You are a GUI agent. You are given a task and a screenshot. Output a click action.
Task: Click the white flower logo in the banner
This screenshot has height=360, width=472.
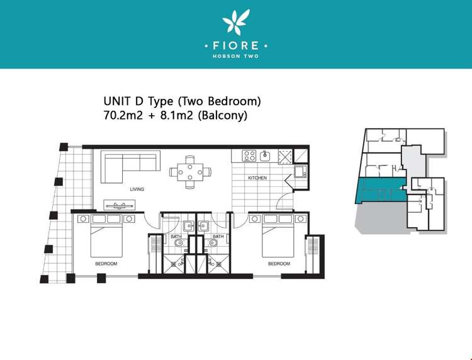(x=236, y=21)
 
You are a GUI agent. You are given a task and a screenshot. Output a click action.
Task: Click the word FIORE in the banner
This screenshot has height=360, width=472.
(x=236, y=46)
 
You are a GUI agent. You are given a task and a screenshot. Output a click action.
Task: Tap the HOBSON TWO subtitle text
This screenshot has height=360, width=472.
(x=236, y=56)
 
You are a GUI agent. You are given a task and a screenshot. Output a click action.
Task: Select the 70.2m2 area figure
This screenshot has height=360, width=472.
(x=123, y=115)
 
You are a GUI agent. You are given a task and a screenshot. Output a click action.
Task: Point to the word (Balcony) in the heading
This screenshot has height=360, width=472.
(x=222, y=116)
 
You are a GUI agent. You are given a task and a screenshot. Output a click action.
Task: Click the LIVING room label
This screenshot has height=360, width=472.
(x=137, y=189)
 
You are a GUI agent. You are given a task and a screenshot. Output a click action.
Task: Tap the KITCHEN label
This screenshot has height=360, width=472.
(x=257, y=178)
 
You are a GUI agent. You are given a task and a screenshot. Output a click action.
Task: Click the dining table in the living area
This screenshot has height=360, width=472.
(x=190, y=172)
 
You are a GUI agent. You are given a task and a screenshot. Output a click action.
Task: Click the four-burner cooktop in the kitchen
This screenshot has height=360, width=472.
(x=249, y=156)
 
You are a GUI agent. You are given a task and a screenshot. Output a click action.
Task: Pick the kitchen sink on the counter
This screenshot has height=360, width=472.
(x=265, y=155)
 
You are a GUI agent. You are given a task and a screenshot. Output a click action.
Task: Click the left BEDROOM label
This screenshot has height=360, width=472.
(x=106, y=264)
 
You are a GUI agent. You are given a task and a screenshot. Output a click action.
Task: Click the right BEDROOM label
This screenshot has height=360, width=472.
(x=279, y=264)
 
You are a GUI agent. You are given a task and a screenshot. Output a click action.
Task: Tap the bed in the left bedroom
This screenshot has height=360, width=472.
(x=106, y=236)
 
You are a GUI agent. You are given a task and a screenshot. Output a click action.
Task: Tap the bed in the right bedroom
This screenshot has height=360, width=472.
(x=278, y=236)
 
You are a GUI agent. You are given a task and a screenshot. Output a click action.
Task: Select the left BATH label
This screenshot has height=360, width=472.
(x=176, y=237)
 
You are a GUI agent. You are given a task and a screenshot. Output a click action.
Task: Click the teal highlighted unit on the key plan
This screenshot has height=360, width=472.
(x=381, y=191)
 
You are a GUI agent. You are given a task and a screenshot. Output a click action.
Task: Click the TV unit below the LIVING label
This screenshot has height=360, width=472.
(x=120, y=205)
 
